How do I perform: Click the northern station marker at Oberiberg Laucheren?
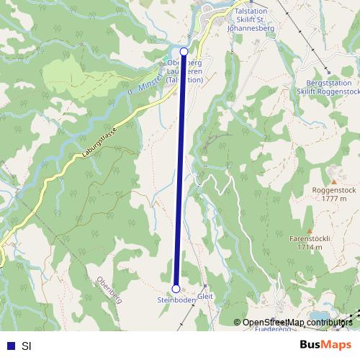pyautogui.click(x=184, y=52)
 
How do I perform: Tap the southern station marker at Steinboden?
pyautogui.click(x=176, y=289)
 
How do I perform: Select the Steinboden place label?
pyautogui.click(x=176, y=300)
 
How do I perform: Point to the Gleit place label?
pyautogui.click(x=205, y=295)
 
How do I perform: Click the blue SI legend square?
pyautogui.click(x=10, y=346)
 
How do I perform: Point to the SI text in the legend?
pyautogui.click(x=26, y=346)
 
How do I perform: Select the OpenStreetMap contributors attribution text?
pyautogui.click(x=297, y=322)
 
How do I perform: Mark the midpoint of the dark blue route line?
pyautogui.click(x=180, y=170)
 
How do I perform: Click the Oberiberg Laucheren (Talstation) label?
pyautogui.click(x=183, y=71)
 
